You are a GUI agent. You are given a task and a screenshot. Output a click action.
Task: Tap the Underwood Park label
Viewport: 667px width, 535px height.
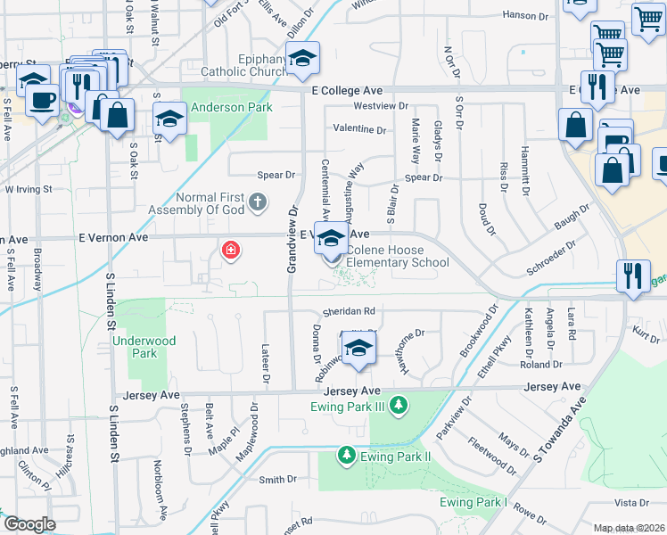coord(144,347)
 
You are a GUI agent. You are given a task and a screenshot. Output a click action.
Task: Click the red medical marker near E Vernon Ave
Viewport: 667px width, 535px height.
coord(231,251)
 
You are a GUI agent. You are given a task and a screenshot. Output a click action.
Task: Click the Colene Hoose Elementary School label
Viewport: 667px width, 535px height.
coord(397,256)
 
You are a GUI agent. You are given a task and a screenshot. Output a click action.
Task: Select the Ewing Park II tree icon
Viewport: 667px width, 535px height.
coord(346,457)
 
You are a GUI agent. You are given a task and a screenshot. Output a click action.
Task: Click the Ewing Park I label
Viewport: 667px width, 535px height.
coord(473,503)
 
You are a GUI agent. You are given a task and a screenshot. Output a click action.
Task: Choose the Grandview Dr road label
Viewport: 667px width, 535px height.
coord(292,239)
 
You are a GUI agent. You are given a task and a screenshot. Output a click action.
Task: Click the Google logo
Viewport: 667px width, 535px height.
coord(29,523)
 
